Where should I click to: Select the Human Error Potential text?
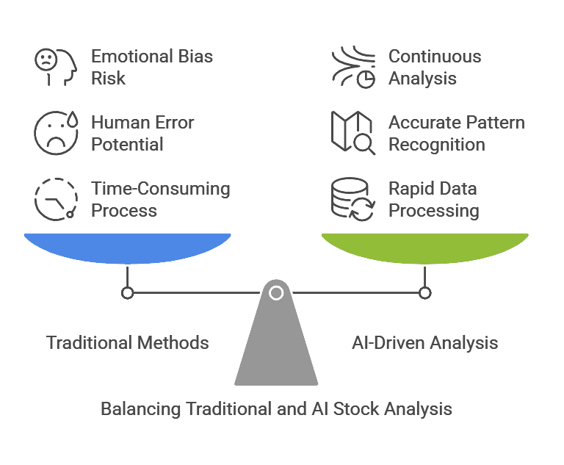[142, 134]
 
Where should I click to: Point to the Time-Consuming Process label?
[160, 200]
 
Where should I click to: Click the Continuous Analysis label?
[435, 68]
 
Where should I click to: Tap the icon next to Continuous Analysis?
[353, 68]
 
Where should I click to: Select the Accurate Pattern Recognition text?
[456, 134]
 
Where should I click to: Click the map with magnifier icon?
[353, 133]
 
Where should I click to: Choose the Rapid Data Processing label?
[433, 200]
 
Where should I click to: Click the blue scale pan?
[128, 248]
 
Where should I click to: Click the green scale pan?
[425, 248]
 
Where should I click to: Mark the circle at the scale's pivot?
[276, 293]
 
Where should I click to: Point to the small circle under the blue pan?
[128, 293]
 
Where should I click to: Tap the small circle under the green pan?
[425, 293]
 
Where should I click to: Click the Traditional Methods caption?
[128, 342]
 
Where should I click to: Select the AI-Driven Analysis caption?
[425, 342]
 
